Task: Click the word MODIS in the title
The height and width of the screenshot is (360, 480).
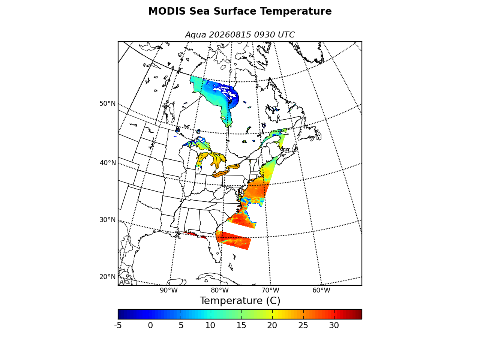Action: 167,11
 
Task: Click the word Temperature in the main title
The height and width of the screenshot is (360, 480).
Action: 296,11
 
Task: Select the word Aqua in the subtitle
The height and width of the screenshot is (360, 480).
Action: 195,35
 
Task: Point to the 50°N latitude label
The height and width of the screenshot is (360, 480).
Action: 107,103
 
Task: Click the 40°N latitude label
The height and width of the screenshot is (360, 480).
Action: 108,163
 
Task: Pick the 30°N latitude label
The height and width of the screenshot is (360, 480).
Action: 107,220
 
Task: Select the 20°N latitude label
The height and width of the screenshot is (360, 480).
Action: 107,277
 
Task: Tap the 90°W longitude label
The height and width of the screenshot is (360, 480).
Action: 169,290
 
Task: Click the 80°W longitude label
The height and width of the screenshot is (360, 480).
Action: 219,290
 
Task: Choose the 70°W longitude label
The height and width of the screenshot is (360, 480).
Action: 270,290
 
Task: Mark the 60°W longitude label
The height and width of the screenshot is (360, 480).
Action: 321,290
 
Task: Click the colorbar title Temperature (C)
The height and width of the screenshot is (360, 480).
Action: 240,301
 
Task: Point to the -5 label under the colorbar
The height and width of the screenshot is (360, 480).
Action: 118,325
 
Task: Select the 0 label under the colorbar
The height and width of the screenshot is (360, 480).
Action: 150,325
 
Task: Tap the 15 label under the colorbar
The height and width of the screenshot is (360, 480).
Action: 241,325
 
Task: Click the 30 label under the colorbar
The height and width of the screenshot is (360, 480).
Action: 334,325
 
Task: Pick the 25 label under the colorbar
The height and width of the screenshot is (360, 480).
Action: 303,325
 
